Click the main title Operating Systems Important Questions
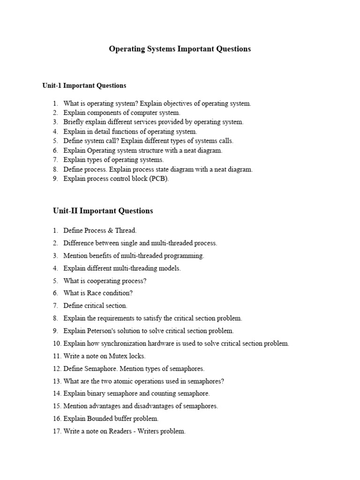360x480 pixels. [x=180, y=49]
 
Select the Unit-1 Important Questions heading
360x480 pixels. [x=84, y=86]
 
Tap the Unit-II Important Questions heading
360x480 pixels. [x=103, y=211]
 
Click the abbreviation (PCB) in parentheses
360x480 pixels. [x=159, y=179]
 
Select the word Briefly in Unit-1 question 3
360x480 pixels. [x=74, y=122]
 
